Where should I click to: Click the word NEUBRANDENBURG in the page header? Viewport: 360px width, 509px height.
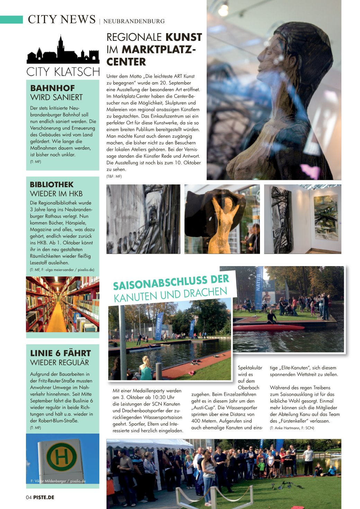(x=134, y=21)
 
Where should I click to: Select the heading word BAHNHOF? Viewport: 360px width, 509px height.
(x=52, y=88)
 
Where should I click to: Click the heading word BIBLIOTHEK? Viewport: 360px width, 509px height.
(x=52, y=184)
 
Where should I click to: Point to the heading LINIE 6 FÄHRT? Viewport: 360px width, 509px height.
(x=60, y=353)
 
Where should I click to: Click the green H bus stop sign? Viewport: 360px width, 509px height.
(x=62, y=457)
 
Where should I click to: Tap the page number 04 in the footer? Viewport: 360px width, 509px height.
(x=29, y=497)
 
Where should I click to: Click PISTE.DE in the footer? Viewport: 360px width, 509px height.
(x=44, y=497)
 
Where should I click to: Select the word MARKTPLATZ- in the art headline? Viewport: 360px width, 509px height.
(x=159, y=49)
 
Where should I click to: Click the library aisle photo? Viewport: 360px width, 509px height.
(x=63, y=304)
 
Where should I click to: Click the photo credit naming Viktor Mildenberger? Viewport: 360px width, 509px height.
(x=58, y=481)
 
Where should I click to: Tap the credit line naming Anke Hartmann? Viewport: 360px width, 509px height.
(x=292, y=428)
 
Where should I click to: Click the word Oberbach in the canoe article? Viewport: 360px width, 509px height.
(x=249, y=388)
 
